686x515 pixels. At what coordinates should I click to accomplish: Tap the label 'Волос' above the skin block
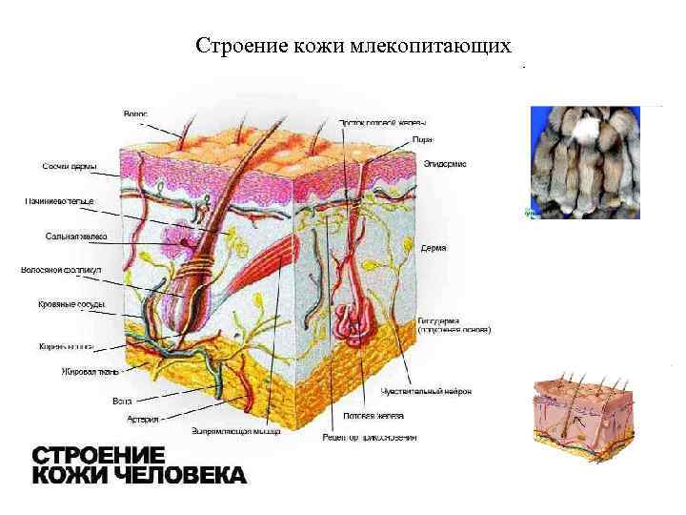(x=134, y=114)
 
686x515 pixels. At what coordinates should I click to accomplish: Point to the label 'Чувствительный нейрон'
(x=426, y=391)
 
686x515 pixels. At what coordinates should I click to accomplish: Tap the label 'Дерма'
(x=434, y=248)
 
